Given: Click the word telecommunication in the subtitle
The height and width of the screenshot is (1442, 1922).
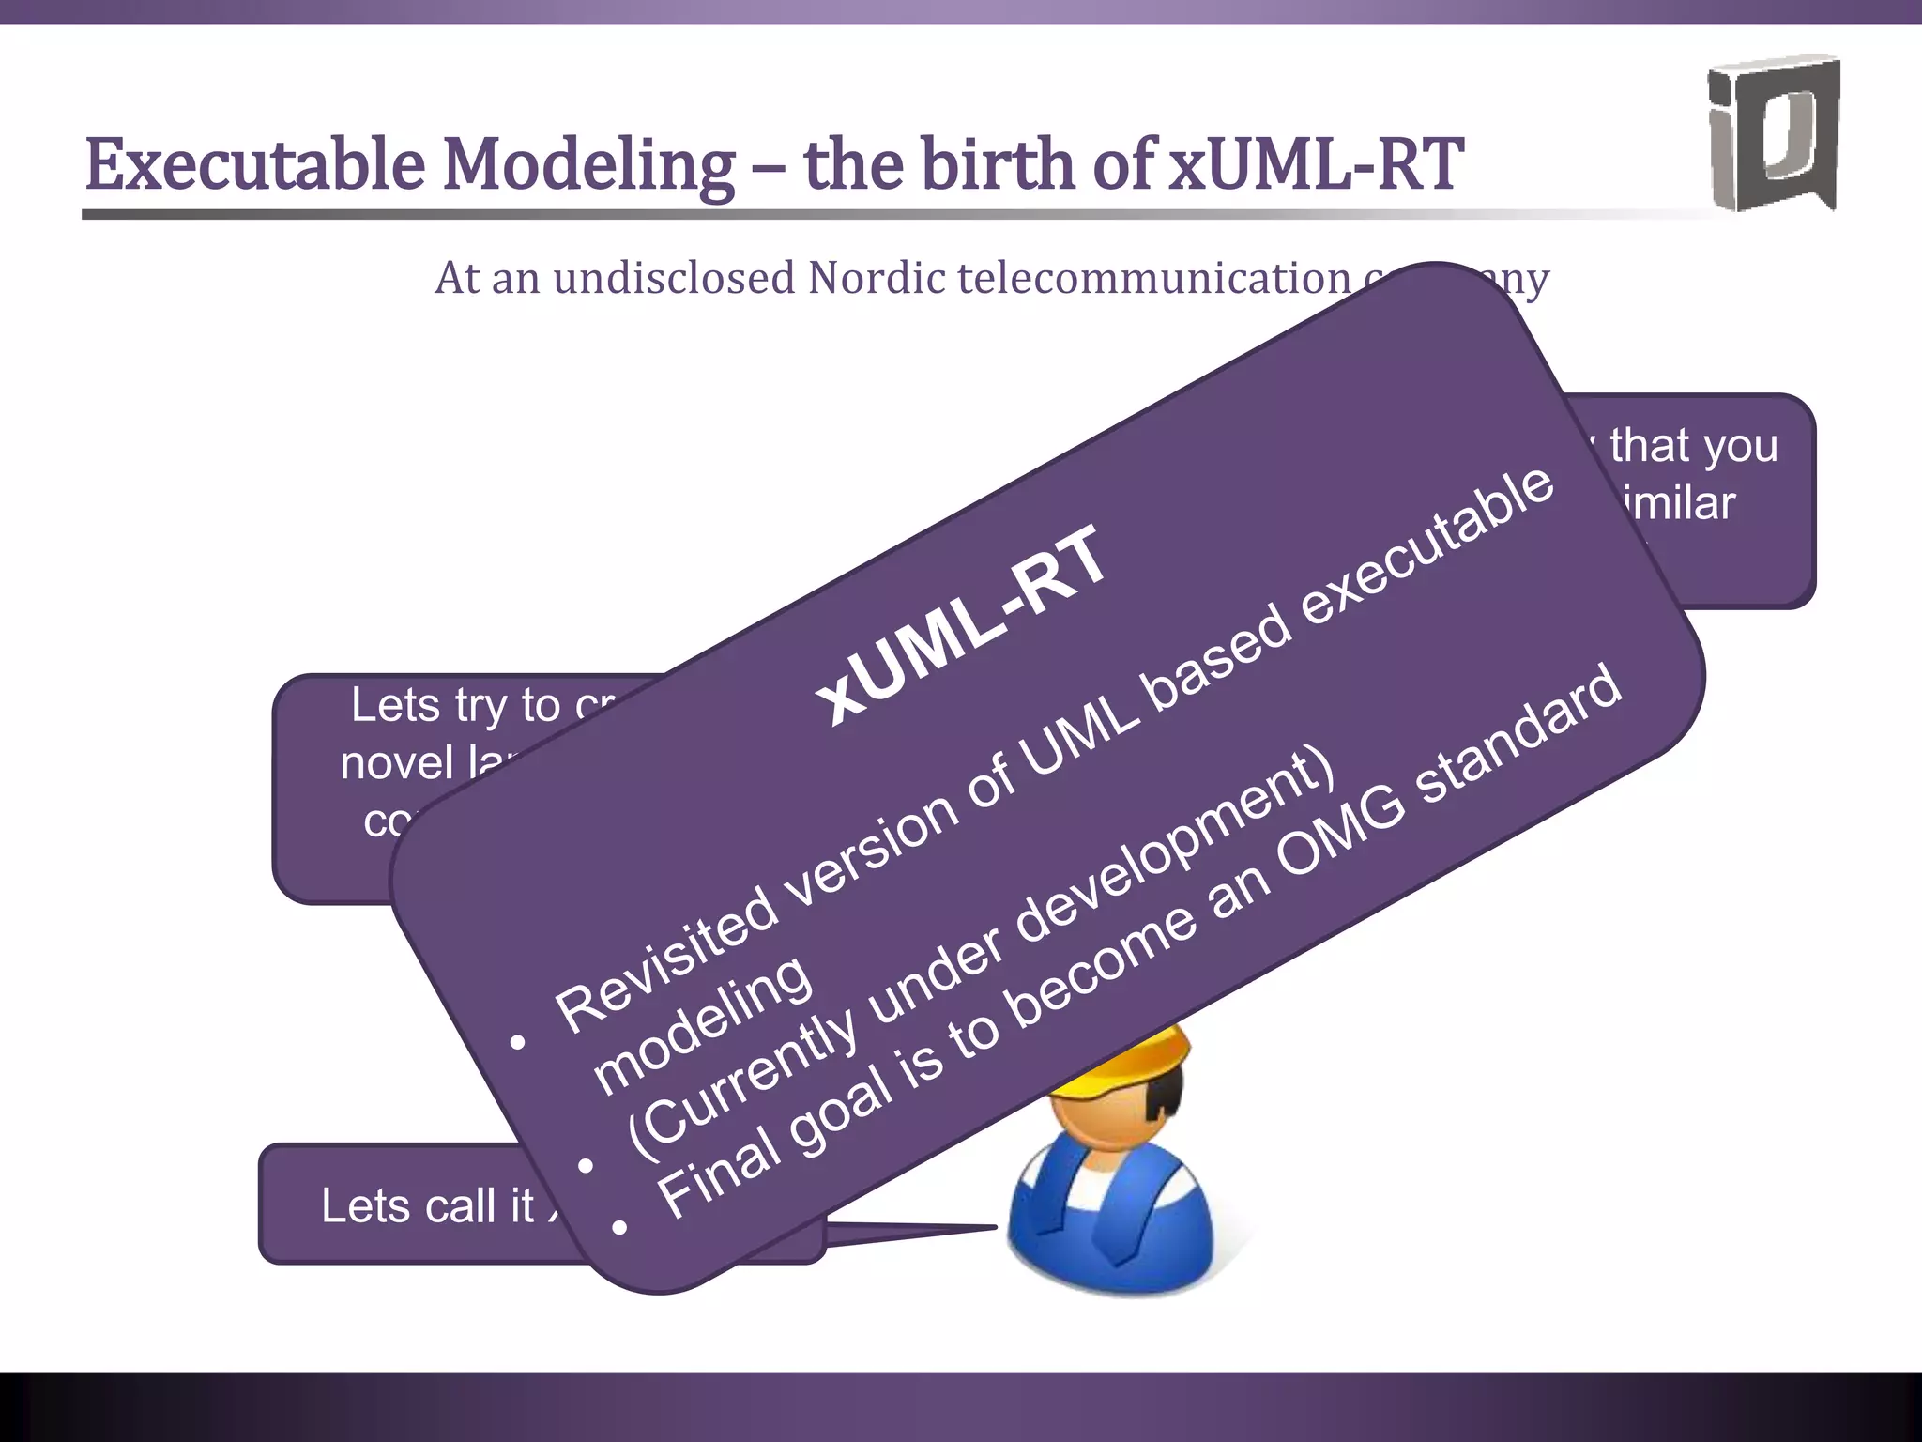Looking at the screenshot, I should click(x=1153, y=278).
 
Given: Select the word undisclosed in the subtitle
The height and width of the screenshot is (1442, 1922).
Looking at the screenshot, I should click(x=674, y=278).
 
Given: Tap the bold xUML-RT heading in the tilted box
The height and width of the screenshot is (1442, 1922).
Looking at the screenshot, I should click(x=961, y=625).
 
